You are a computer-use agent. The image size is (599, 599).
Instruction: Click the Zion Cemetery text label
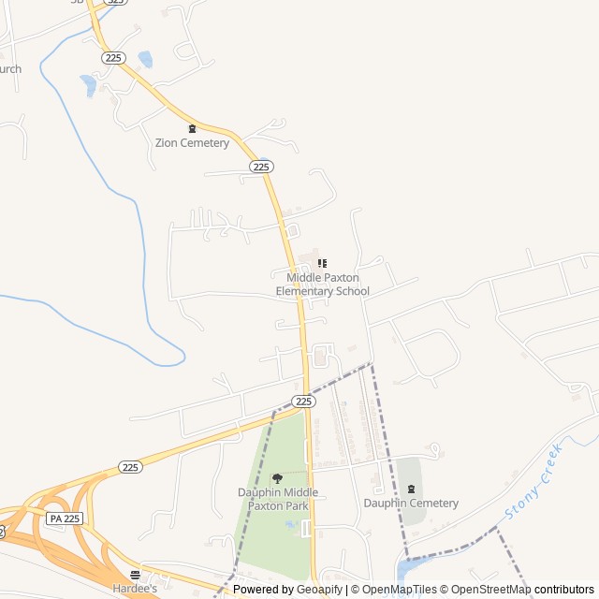(x=192, y=143)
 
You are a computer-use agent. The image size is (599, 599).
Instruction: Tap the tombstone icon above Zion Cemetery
(x=193, y=128)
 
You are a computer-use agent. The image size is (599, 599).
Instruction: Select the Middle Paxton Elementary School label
(x=322, y=285)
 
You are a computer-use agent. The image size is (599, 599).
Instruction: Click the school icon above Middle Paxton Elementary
(x=322, y=264)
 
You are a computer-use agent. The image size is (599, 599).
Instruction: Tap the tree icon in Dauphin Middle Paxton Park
(x=277, y=479)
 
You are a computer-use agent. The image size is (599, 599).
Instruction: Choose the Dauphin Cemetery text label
(x=411, y=504)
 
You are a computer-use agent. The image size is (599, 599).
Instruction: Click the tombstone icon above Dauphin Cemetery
(x=411, y=489)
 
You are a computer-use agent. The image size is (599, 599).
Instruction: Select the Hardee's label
(x=135, y=590)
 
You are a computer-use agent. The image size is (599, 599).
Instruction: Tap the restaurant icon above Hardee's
(x=136, y=575)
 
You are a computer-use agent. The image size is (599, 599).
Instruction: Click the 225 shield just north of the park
(x=302, y=401)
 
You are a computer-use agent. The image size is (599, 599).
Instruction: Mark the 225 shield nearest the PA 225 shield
(x=130, y=467)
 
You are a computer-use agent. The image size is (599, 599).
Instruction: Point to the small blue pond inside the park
(x=292, y=525)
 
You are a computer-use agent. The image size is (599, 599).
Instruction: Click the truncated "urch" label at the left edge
(x=9, y=69)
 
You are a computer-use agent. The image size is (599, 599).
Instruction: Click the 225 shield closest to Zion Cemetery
(x=260, y=167)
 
